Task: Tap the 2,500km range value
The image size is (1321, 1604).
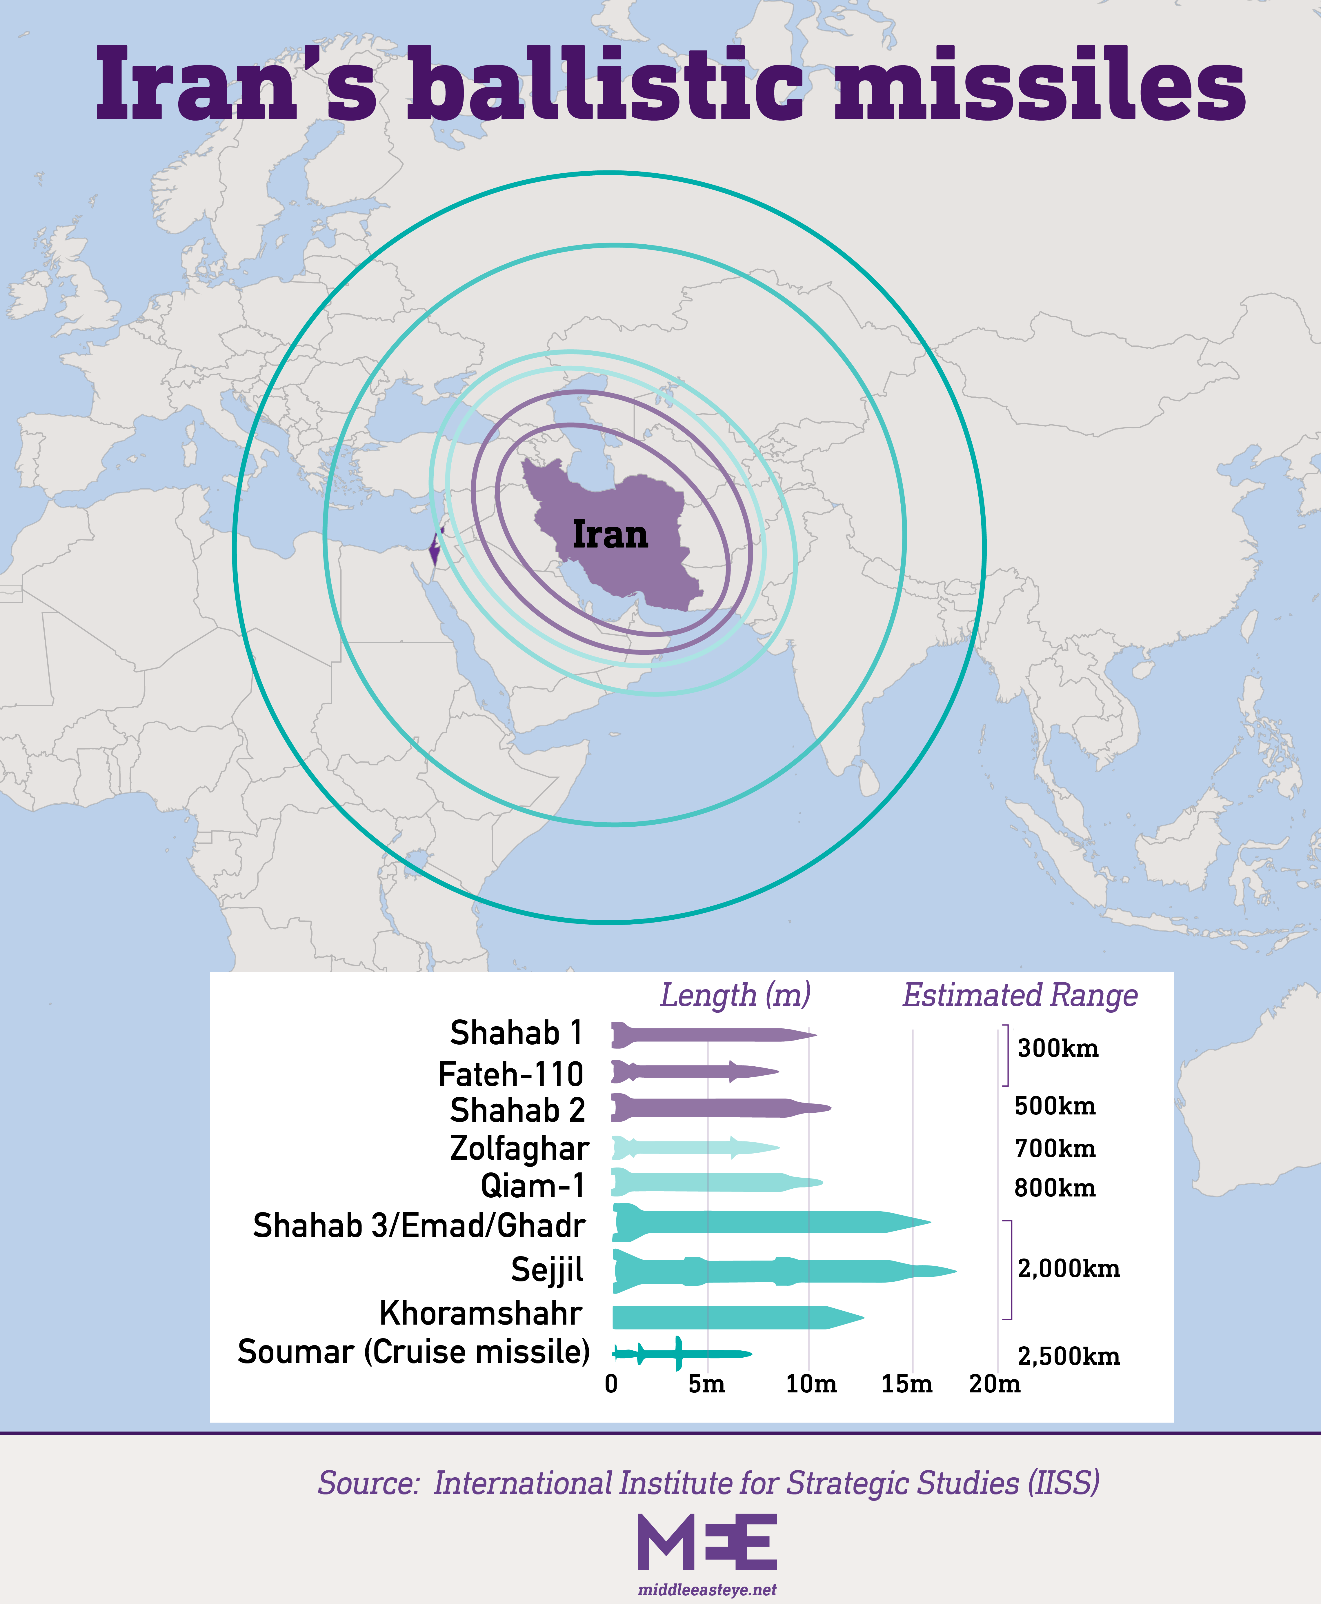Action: [1069, 1356]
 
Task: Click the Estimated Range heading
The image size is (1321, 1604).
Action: [1020, 995]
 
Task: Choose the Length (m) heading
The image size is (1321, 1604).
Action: [735, 995]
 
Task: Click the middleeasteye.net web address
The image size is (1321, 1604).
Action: [707, 1590]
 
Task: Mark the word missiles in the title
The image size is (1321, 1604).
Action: [1040, 85]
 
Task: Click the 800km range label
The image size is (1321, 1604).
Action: [1055, 1188]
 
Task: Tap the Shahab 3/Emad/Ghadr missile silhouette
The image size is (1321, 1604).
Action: [770, 1223]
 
